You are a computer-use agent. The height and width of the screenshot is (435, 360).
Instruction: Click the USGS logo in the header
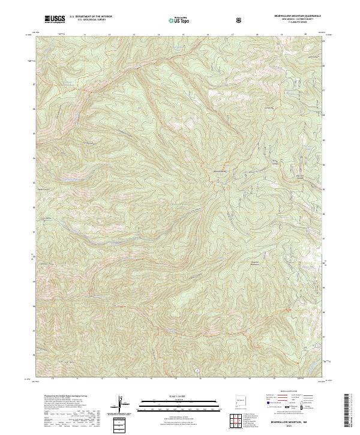[x=55, y=20]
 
